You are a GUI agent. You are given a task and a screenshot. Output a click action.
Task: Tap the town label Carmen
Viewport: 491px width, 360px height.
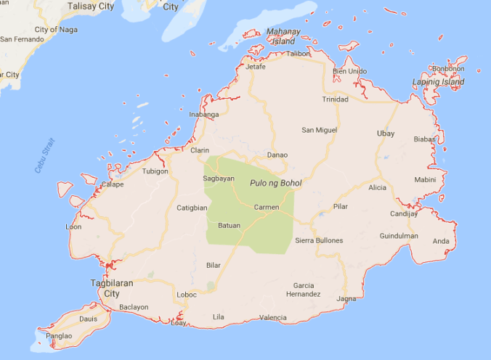coord(267,208)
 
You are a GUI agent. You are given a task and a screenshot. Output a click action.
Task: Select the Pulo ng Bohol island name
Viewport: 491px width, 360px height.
coord(275,183)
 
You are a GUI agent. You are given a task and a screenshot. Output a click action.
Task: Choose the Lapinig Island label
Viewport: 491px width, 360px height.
coord(439,82)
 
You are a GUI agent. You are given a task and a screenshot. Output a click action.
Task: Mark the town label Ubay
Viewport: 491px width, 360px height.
coord(386,134)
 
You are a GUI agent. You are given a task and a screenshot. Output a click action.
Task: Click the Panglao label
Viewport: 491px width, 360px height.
coord(59,337)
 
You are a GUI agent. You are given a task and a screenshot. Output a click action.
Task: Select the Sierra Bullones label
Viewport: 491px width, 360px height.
coord(319,240)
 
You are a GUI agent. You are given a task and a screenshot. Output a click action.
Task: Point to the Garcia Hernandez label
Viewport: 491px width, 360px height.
coord(304,290)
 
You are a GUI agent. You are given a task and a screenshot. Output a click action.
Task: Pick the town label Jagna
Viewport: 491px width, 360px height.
coord(346,298)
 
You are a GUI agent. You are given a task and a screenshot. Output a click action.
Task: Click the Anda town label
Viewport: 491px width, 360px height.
coord(441,242)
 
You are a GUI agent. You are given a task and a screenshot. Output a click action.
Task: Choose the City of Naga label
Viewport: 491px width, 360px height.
coord(56,29)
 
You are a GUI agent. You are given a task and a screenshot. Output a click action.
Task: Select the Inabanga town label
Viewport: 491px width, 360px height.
coord(203,115)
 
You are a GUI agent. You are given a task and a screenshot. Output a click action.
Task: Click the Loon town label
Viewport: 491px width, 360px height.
coord(73,226)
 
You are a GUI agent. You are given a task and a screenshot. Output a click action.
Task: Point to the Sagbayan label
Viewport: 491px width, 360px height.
coord(219,179)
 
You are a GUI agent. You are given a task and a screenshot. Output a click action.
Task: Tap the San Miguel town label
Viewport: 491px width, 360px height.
coord(320,130)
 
